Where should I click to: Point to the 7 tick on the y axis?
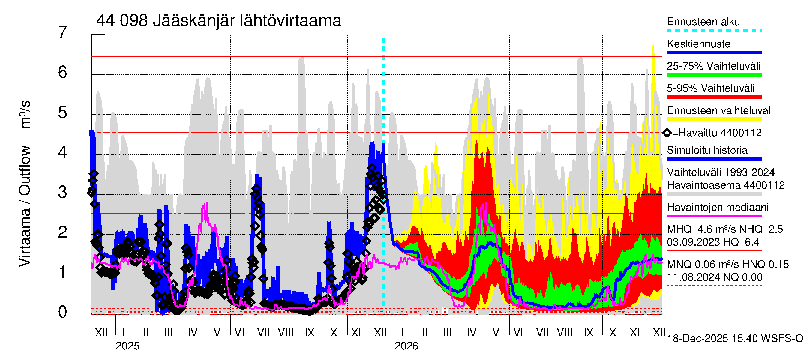[63, 32]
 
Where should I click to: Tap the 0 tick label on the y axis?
[63, 312]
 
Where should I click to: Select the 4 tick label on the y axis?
[63, 152]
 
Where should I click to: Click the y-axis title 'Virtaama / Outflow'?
[25, 206]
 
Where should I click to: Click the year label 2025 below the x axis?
[127, 346]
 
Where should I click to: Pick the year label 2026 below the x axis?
[406, 346]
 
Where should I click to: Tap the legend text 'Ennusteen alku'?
[703, 22]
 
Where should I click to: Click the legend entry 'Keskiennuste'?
[699, 44]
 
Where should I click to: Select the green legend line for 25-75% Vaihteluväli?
[714, 75]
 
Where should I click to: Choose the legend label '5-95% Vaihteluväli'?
[711, 88]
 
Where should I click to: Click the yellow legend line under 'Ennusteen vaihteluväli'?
[714, 119]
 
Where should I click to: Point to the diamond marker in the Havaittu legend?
[667, 133]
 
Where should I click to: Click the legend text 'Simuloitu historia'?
[707, 150]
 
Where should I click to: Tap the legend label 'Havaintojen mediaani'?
[718, 208]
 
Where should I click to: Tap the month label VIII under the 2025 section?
[286, 333]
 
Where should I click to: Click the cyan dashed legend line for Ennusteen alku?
[714, 31]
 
